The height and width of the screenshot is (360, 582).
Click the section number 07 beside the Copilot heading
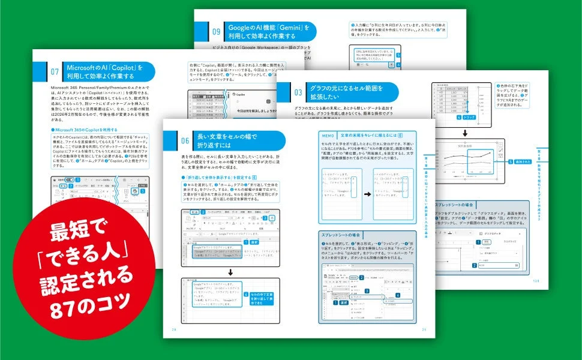(53, 73)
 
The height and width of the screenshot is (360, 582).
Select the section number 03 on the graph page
(298, 93)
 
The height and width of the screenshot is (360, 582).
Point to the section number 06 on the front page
(185, 140)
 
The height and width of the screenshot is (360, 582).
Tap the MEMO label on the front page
(329, 136)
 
